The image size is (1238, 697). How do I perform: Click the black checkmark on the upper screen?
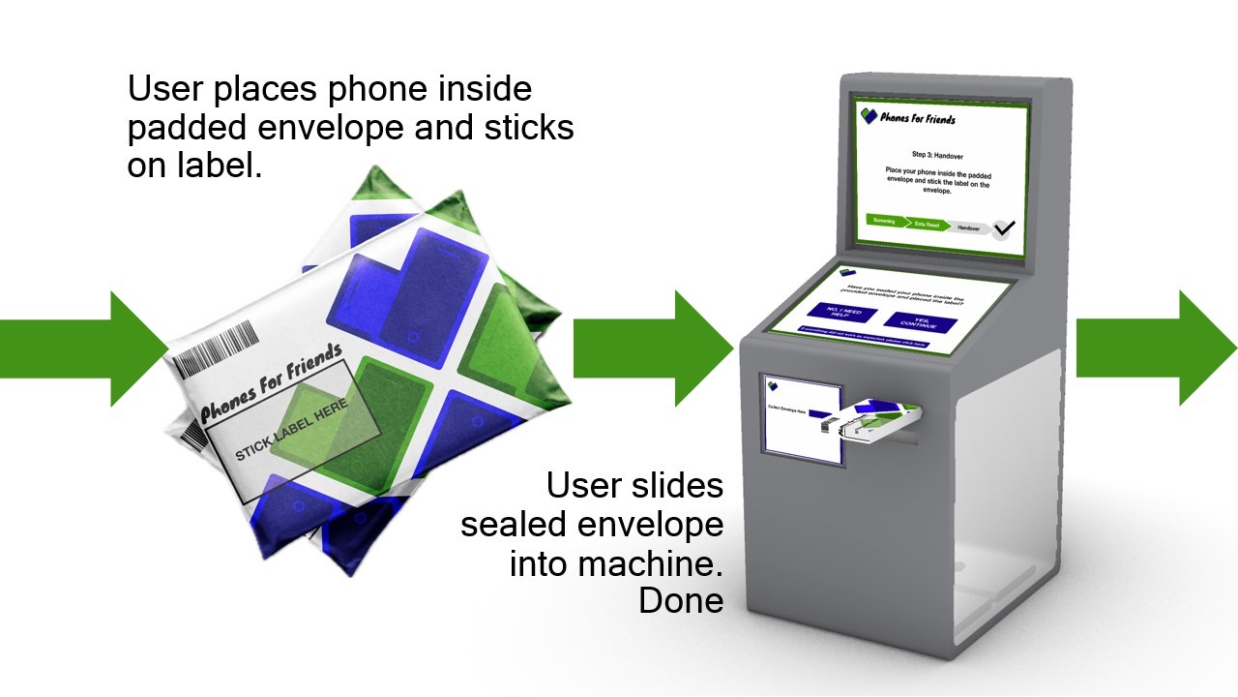tap(1004, 229)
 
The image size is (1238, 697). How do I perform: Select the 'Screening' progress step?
tap(884, 221)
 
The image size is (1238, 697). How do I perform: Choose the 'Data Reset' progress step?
tap(927, 225)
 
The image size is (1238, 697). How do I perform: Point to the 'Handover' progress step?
tap(968, 228)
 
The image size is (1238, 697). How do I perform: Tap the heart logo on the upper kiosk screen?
tap(870, 116)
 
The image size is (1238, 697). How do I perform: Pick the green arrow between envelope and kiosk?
tap(653, 348)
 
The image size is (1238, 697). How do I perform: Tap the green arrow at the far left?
tap(82, 348)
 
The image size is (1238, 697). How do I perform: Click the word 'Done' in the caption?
tap(680, 600)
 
